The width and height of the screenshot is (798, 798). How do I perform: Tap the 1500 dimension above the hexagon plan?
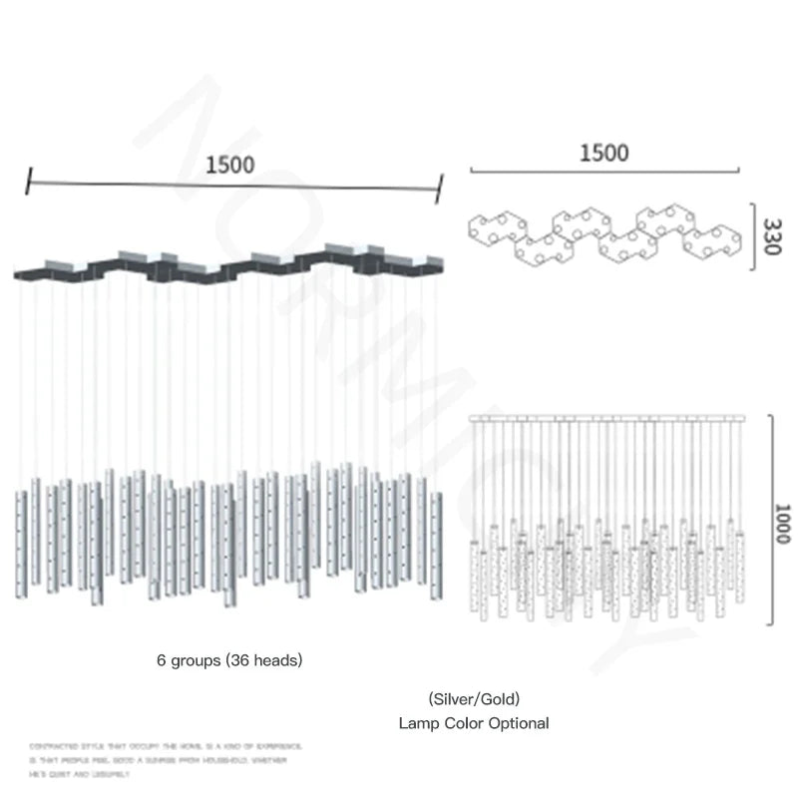point(604,153)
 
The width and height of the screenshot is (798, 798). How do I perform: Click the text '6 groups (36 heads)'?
point(229,660)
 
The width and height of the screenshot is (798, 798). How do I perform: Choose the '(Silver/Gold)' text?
point(474,699)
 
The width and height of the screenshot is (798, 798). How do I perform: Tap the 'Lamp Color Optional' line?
point(474,723)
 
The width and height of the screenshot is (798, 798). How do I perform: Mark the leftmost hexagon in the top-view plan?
point(495,229)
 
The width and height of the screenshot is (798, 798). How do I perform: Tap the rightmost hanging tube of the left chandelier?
point(436,544)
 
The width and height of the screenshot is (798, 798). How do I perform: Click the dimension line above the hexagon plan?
point(604,171)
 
